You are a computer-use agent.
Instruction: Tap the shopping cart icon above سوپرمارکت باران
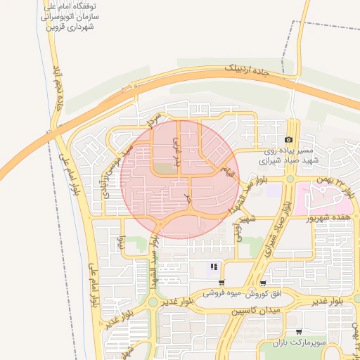[x=299, y=331]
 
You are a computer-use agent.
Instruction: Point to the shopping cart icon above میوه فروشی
[x=222, y=283]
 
